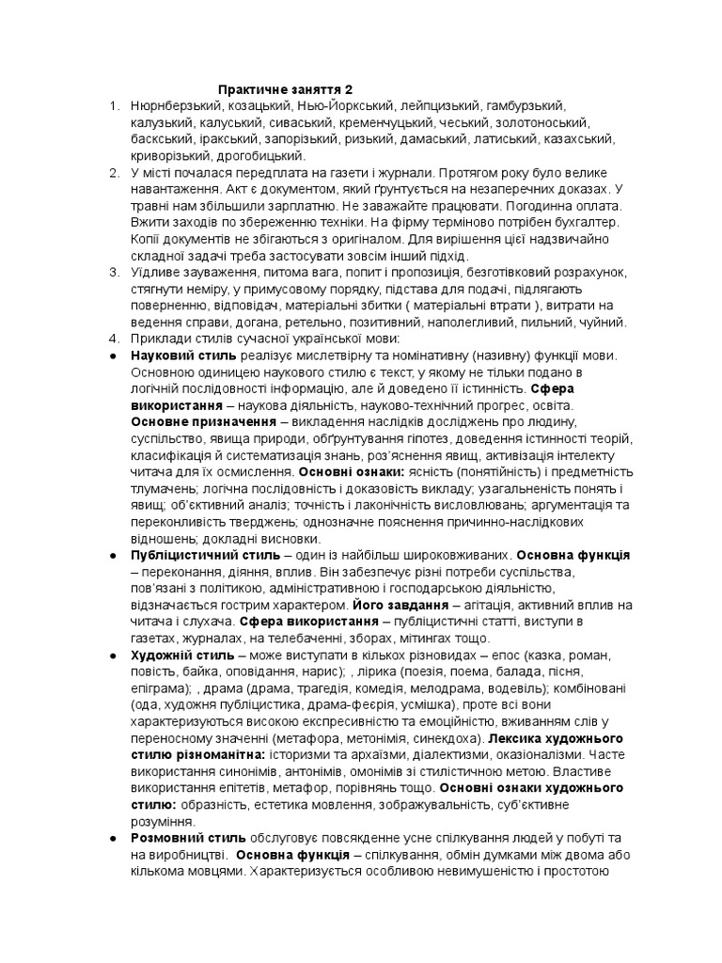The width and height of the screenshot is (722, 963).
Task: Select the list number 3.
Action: (x=114, y=272)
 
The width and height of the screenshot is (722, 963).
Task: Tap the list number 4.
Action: (x=114, y=339)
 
